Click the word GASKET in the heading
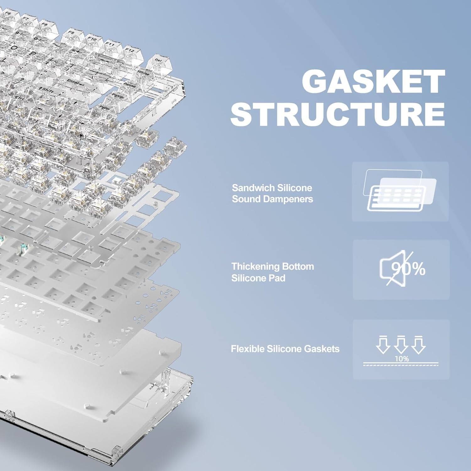pyautogui.click(x=373, y=81)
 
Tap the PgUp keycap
pyautogui.click(x=117, y=96)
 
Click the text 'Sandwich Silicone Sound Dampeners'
pyautogui.click(x=272, y=193)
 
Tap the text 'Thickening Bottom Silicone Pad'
pyautogui.click(x=273, y=272)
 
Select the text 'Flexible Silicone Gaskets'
pyautogui.click(x=285, y=349)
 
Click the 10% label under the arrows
pyautogui.click(x=402, y=359)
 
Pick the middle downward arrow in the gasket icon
pyautogui.click(x=401, y=345)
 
